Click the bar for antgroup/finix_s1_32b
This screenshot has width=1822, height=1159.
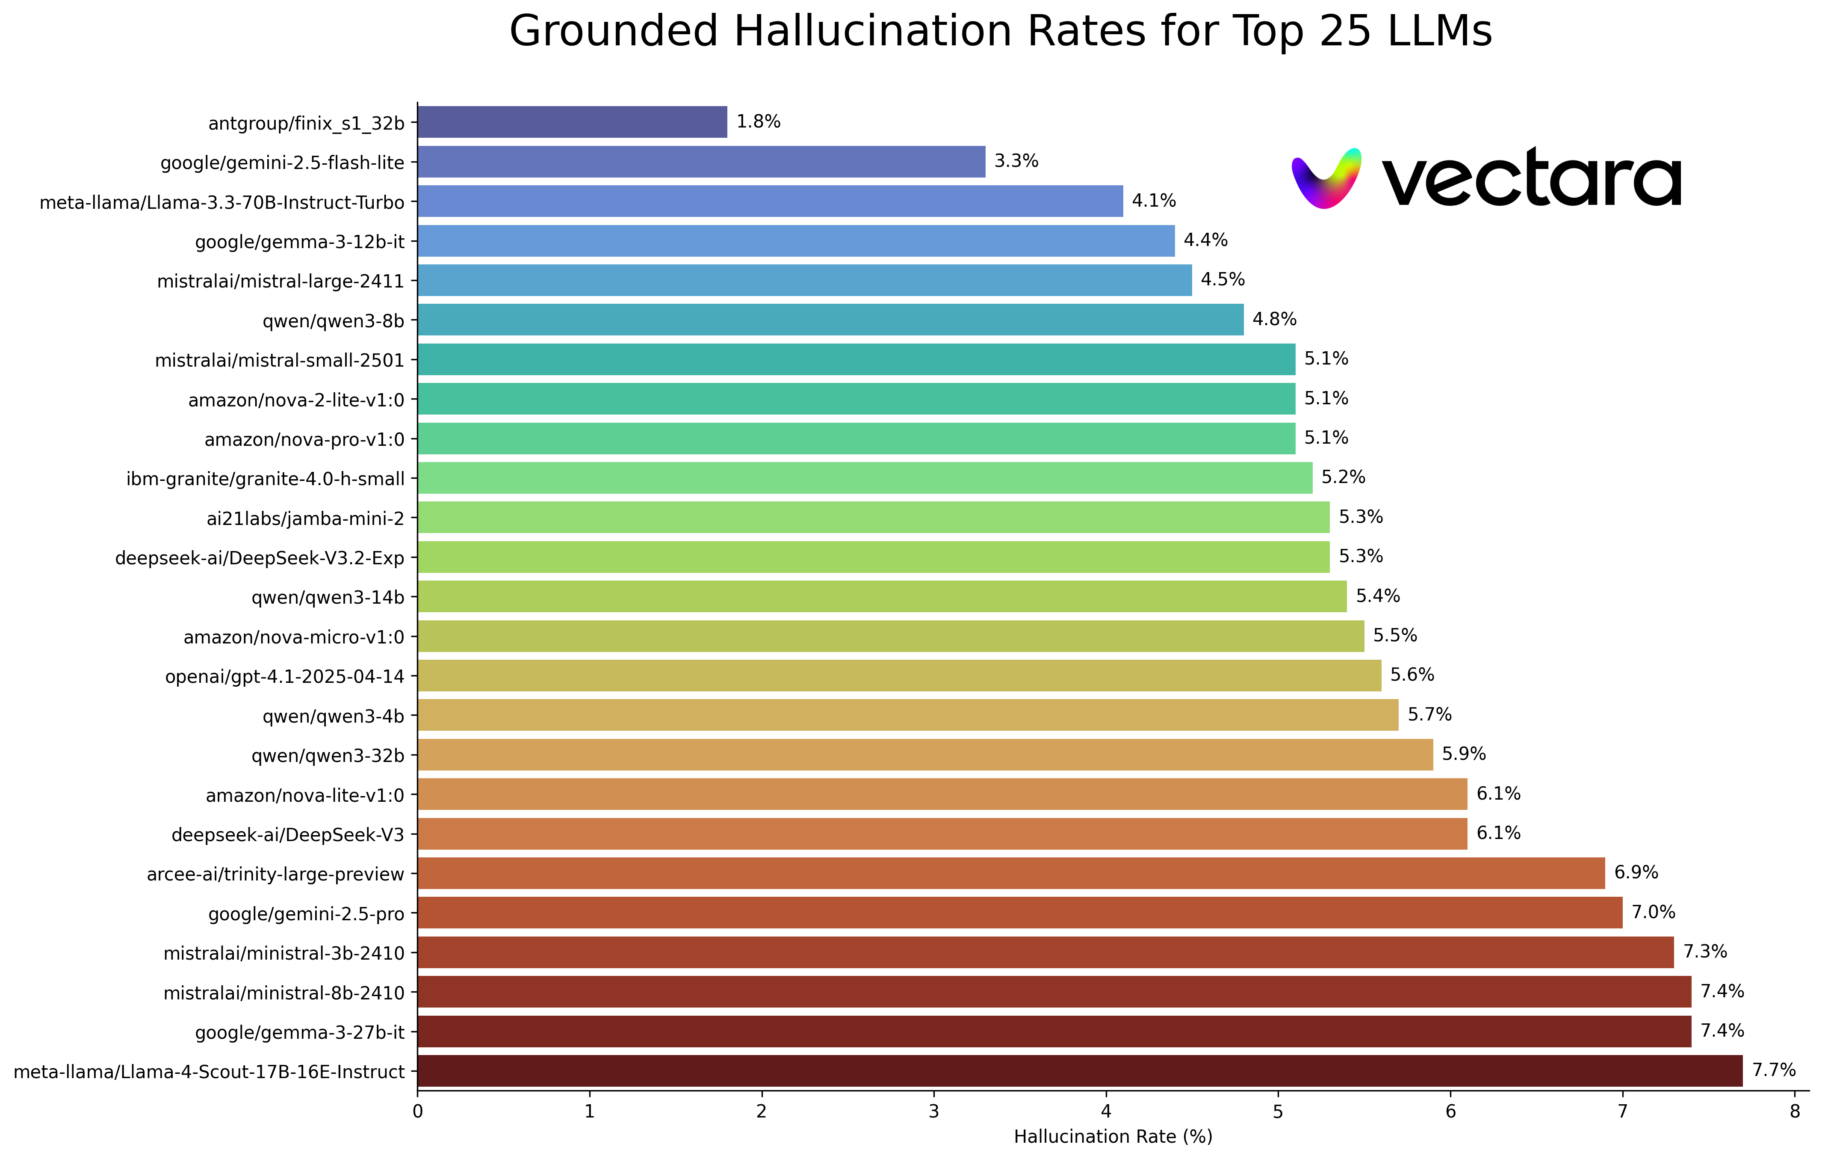[572, 122]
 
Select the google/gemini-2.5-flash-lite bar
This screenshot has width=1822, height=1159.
[701, 162]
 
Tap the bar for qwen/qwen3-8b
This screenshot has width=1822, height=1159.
[830, 320]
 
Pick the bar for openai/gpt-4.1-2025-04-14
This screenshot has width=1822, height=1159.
[899, 675]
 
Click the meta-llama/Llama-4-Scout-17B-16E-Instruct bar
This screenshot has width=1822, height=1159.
[1080, 1070]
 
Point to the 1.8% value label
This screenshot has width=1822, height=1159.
[758, 122]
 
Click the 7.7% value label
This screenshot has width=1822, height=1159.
[1774, 1070]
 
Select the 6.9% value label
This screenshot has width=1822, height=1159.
[1636, 872]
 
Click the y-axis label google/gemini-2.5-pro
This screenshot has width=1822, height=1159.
[307, 914]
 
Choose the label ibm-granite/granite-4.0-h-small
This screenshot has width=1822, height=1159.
[266, 478]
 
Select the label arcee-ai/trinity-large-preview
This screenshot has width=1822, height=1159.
[275, 874]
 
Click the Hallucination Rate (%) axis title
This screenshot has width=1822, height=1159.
[1113, 1136]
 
